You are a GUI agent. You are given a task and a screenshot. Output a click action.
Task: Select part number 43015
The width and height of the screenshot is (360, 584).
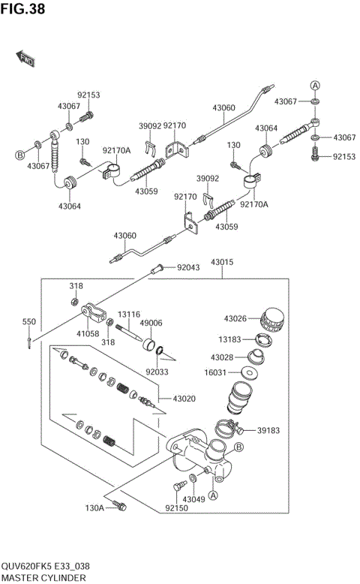tap(222, 262)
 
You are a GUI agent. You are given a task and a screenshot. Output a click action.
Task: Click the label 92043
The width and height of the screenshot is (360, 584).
tap(189, 267)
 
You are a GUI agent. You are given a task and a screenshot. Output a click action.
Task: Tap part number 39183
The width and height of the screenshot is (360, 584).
tap(269, 430)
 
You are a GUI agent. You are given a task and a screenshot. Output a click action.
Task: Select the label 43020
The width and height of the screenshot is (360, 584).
tap(184, 398)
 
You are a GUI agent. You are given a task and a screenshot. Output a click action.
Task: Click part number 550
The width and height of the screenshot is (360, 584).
tap(28, 322)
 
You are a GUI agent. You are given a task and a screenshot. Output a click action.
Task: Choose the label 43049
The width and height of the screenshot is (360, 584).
tap(193, 499)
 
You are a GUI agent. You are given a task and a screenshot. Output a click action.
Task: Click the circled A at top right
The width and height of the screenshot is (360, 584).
tap(316, 85)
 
